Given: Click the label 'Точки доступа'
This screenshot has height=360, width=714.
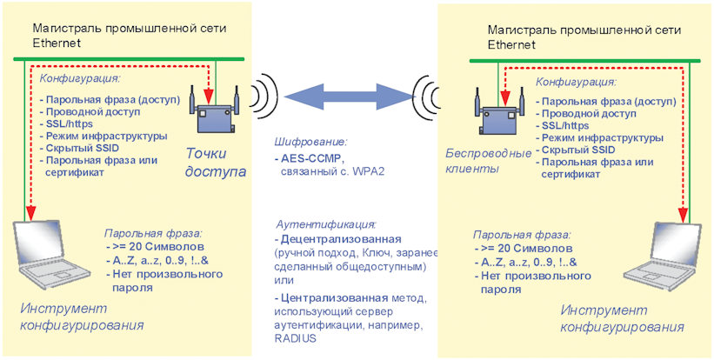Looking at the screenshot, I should pyautogui.click(x=216, y=163).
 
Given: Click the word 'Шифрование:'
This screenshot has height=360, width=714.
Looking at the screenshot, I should pyautogui.click(x=310, y=141).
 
